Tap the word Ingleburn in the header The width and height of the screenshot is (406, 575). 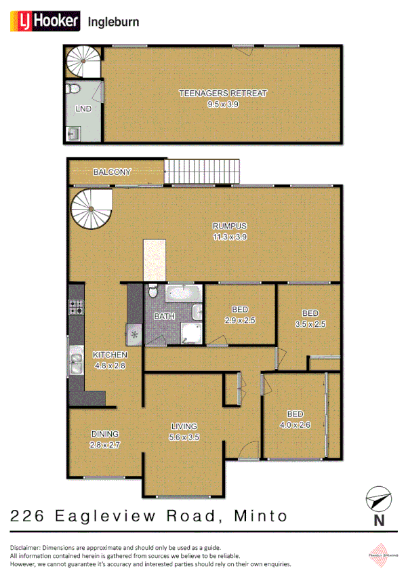(113, 22)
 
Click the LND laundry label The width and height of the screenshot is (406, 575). (84, 108)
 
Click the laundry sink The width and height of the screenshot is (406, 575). (73, 134)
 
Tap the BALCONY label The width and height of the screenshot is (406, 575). (112, 172)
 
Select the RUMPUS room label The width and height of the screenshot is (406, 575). (229, 226)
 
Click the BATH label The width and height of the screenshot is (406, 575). (164, 316)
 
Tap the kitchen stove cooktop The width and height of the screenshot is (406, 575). (75, 306)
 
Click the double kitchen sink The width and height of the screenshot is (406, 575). (74, 361)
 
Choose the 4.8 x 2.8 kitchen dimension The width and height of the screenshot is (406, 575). (108, 365)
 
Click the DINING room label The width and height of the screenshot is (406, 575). (105, 434)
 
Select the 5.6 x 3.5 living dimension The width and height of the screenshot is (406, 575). (184, 438)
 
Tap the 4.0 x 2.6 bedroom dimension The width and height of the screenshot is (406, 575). (295, 424)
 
